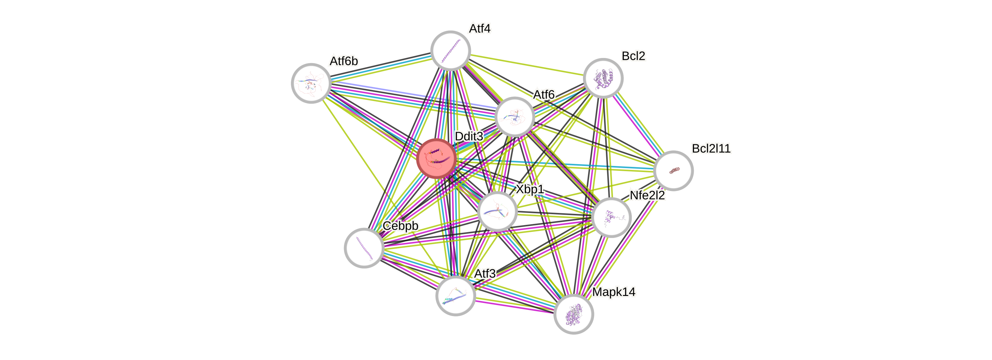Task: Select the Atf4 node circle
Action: (451, 50)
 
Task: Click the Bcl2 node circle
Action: (603, 78)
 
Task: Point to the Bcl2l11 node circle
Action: (674, 171)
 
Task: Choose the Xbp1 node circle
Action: (497, 211)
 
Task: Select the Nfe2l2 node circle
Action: (611, 218)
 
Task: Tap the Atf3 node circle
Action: (456, 295)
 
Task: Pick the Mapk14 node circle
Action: (574, 314)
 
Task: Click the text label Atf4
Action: (480, 28)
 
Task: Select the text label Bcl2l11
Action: (711, 148)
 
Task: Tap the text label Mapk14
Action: (614, 292)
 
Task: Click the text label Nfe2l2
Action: (647, 195)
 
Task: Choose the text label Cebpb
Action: (400, 226)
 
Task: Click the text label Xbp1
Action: (530, 189)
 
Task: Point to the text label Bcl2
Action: (633, 56)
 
